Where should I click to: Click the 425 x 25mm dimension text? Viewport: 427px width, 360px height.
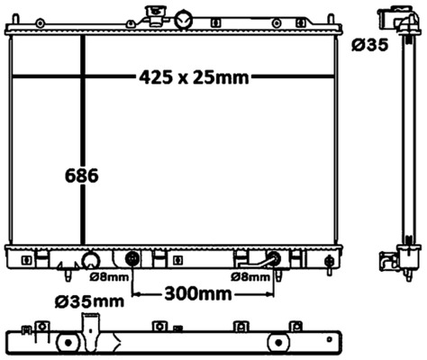click(x=194, y=77)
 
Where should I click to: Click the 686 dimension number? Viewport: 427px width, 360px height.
click(x=82, y=175)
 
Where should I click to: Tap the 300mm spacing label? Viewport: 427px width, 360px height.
click(x=198, y=294)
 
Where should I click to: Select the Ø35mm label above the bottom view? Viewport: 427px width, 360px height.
click(x=89, y=301)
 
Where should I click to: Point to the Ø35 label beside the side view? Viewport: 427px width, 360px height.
click(x=370, y=45)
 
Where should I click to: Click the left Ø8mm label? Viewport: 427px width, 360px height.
click(x=109, y=277)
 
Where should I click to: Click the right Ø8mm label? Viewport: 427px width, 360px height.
click(x=250, y=277)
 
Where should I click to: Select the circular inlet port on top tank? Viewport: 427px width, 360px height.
click(x=183, y=20)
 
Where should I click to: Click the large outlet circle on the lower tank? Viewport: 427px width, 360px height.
click(x=91, y=261)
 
